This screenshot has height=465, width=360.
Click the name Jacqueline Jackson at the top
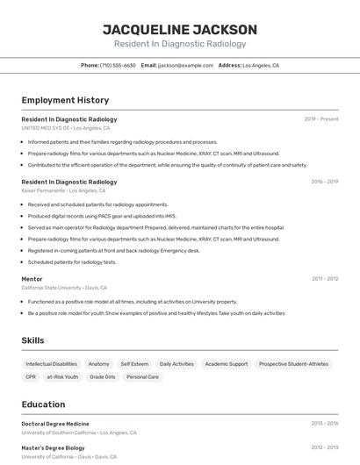click(x=180, y=30)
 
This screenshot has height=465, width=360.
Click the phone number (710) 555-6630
click(x=118, y=65)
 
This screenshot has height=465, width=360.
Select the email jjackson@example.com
click(x=185, y=65)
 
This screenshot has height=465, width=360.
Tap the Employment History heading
click(x=65, y=100)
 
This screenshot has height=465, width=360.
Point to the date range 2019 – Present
click(x=320, y=119)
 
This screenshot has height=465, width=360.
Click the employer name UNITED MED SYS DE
click(x=46, y=127)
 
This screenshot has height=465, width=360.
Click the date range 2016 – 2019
click(x=324, y=182)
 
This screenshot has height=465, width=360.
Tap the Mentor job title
click(x=32, y=279)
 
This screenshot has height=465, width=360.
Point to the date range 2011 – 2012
click(x=324, y=279)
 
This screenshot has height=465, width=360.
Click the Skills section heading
click(x=32, y=340)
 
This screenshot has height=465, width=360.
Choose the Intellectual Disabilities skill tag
click(x=51, y=363)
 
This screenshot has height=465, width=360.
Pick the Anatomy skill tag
click(x=99, y=363)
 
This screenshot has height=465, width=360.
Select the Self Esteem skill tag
click(x=134, y=363)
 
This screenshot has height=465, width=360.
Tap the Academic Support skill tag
click(x=226, y=363)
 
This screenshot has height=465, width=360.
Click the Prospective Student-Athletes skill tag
click(x=293, y=363)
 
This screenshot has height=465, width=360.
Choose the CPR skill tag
click(x=31, y=376)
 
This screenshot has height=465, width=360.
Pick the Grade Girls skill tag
click(x=103, y=376)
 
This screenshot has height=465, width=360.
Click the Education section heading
click(x=43, y=404)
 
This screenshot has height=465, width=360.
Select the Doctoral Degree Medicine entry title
click(x=55, y=424)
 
